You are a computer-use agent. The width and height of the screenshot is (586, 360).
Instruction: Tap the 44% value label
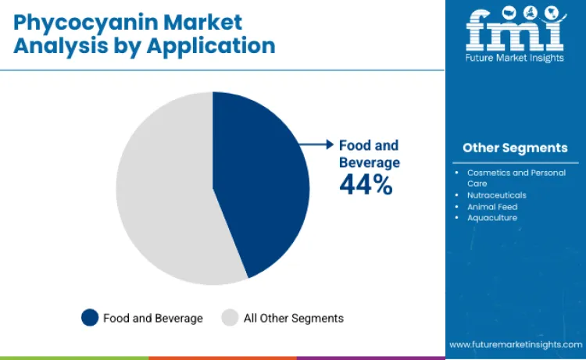[366, 184]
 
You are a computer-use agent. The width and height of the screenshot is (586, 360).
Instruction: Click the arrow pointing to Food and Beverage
[316, 144]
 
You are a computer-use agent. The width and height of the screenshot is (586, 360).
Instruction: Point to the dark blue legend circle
[90, 318]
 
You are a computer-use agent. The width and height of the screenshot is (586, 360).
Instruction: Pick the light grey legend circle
[230, 318]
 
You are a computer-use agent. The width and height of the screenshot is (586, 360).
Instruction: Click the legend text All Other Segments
[294, 319]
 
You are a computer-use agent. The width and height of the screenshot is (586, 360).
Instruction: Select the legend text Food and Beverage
[153, 319]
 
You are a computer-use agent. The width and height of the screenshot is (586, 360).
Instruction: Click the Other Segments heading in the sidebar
[515, 148]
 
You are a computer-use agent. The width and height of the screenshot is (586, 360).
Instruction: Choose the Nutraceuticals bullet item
[496, 195]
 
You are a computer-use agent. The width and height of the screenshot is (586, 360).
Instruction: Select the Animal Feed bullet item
[492, 207]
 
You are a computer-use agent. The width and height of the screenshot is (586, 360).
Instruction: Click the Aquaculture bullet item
[491, 218]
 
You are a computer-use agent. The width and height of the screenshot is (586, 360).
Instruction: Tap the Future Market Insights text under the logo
[515, 57]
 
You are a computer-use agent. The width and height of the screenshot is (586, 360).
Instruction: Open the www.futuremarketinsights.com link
[515, 344]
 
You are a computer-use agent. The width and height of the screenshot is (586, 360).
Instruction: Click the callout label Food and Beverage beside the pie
[369, 154]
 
